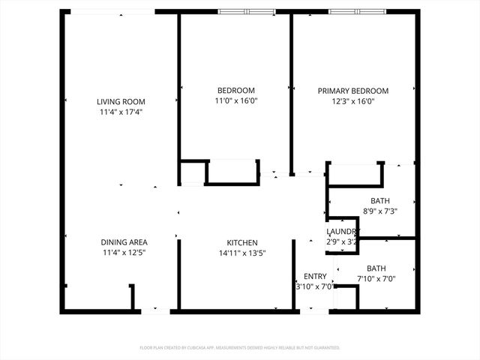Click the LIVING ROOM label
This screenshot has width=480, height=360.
(x=121, y=101)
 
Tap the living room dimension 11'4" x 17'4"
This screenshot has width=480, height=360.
(x=121, y=112)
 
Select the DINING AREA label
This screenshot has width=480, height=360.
(x=124, y=242)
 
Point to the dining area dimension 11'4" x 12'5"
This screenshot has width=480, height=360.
(x=124, y=253)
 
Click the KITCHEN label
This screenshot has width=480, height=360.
(x=242, y=242)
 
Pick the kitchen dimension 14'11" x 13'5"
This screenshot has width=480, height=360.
(x=242, y=253)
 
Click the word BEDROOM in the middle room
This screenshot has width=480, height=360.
(x=235, y=90)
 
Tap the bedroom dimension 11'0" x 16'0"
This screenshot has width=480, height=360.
(x=235, y=100)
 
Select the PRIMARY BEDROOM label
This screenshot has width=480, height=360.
(x=352, y=90)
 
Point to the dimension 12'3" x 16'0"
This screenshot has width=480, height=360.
(x=352, y=100)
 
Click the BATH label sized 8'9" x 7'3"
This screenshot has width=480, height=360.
(x=380, y=200)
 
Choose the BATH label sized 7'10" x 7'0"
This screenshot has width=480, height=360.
(x=376, y=268)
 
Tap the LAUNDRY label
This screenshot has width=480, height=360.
(x=341, y=232)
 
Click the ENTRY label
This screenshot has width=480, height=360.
(x=314, y=276)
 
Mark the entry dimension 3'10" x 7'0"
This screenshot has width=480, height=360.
(x=314, y=286)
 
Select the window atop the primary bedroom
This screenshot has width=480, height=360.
(x=357, y=11)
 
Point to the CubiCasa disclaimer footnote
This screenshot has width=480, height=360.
(x=240, y=348)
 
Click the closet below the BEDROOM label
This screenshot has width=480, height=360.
(x=232, y=172)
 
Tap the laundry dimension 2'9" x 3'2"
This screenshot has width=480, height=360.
(x=341, y=241)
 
